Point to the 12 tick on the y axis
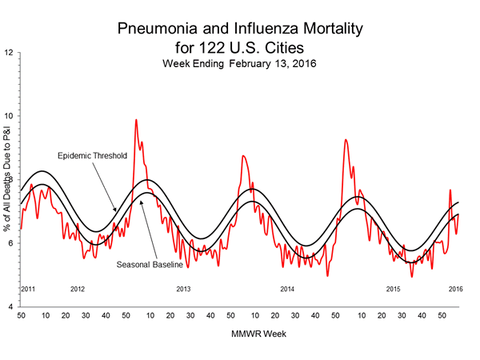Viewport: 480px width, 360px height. [9, 53]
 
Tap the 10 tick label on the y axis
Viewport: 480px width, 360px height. [9, 116]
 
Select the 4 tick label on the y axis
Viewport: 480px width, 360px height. [9, 307]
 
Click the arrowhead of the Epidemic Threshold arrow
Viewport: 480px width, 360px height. [117, 212]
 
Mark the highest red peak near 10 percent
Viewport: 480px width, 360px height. [136, 120]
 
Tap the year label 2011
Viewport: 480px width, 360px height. [28, 288]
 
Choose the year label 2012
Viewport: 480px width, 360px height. [78, 288]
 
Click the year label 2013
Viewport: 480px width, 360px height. [183, 288]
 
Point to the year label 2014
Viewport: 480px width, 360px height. [287, 288]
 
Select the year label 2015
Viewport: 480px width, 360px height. [393, 288]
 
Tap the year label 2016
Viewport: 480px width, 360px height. [454, 288]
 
